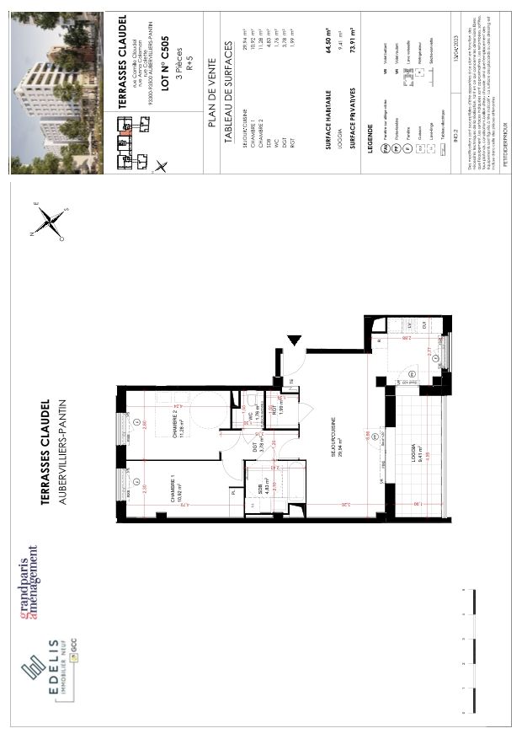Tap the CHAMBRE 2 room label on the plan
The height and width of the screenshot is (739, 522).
coord(178,419)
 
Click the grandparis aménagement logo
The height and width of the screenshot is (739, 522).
coord(30,581)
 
